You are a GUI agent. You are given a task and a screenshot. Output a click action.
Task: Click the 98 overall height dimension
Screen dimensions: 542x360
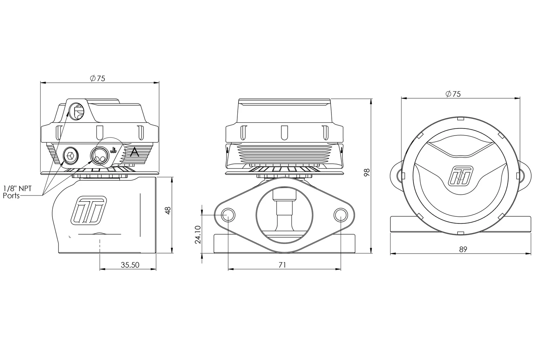(367, 172)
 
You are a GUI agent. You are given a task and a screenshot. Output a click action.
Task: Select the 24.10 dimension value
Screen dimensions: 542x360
(198, 235)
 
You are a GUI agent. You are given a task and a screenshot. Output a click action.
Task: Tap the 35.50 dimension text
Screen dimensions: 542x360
(130, 265)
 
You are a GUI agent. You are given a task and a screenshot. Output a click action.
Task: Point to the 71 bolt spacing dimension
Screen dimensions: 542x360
(282, 265)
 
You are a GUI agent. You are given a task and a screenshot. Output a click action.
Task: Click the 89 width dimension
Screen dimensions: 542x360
(463, 249)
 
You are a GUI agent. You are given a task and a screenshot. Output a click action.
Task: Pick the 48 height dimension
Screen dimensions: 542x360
(168, 210)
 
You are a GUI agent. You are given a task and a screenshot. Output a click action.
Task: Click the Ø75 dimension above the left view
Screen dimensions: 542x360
(98, 78)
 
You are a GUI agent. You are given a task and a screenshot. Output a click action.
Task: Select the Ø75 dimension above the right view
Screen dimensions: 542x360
(453, 94)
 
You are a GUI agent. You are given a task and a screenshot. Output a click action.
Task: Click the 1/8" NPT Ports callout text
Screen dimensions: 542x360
(17, 192)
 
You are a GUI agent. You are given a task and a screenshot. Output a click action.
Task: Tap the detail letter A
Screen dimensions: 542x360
(135, 153)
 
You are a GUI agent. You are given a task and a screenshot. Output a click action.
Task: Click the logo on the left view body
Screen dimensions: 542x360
(89, 210)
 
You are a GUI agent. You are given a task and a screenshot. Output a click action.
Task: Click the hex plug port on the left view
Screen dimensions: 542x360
(71, 155)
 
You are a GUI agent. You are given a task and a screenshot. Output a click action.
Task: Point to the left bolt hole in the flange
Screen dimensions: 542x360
(228, 215)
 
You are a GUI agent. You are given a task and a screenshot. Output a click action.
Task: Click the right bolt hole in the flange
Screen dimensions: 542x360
(341, 215)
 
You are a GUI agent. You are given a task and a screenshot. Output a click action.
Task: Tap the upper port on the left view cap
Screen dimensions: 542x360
(77, 111)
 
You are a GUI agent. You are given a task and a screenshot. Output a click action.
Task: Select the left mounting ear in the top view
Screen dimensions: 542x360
(396, 176)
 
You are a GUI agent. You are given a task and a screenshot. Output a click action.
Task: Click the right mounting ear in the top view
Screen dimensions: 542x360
(525, 176)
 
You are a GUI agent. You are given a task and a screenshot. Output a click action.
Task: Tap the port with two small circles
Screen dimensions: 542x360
(100, 155)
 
